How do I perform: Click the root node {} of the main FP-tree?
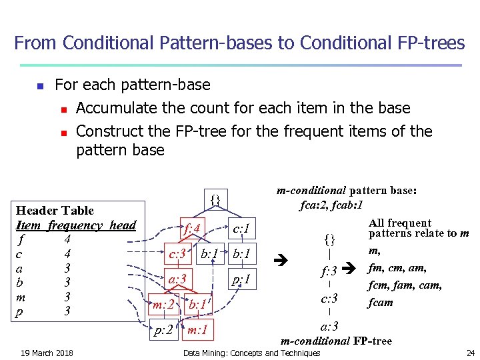click(215, 199)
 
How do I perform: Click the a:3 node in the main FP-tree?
click(177, 278)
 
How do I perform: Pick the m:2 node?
click(163, 305)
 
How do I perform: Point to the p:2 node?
click(164, 329)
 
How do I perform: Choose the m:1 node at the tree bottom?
click(197, 329)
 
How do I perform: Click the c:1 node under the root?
click(241, 229)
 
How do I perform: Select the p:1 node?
click(241, 279)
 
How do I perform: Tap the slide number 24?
click(470, 353)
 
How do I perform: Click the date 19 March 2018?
click(47, 353)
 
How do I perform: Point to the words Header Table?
click(55, 211)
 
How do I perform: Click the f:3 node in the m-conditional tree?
click(329, 272)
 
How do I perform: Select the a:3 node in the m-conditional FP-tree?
click(329, 326)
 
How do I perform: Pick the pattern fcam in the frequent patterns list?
click(381, 302)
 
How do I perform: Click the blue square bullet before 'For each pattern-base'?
click(40, 86)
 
